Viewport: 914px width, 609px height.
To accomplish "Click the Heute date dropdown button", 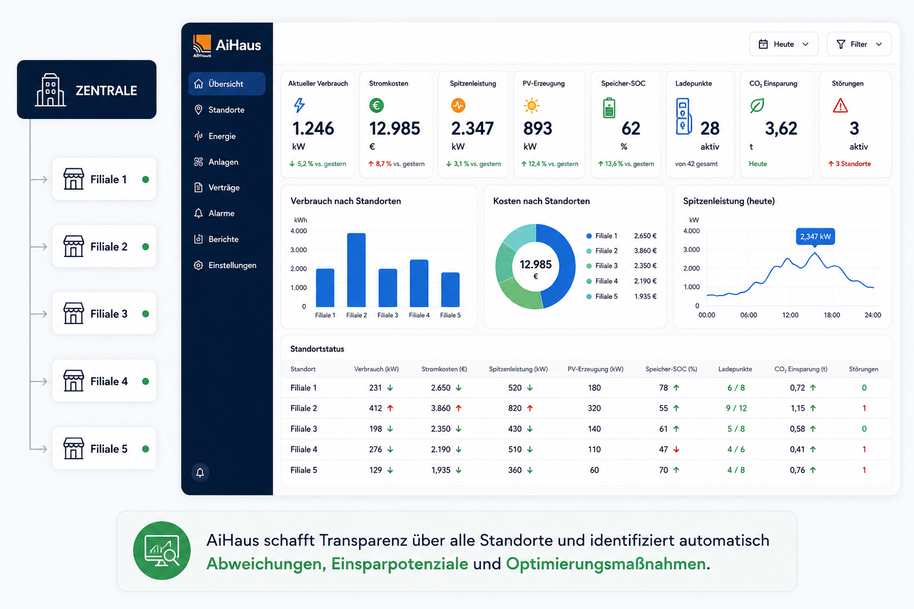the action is click(784, 44).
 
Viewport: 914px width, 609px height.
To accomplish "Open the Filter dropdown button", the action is click(859, 44).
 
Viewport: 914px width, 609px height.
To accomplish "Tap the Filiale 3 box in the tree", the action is click(105, 313).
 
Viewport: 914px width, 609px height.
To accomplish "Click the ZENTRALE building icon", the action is click(50, 90).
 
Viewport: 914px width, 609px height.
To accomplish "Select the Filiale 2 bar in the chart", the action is click(356, 270).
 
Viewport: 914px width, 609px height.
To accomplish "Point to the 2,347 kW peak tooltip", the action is click(815, 237).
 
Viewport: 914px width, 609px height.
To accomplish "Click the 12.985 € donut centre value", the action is click(536, 269).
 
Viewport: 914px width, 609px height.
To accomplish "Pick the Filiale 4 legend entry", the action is click(621, 281).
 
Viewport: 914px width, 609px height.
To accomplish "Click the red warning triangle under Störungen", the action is click(840, 106).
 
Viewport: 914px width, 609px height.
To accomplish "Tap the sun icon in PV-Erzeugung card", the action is click(531, 106).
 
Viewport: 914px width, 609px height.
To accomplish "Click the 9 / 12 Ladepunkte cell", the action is click(736, 409).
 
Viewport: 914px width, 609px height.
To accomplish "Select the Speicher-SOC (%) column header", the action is click(671, 369).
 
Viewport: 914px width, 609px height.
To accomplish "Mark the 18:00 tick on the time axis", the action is click(831, 315).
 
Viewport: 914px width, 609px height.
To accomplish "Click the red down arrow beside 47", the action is click(676, 450).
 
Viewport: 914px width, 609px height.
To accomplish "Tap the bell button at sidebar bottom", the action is click(200, 472).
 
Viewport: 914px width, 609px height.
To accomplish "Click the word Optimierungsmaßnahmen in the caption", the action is click(606, 564).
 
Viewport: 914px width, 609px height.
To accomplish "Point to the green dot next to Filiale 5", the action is click(145, 448).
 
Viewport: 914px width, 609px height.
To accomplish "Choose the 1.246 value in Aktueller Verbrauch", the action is click(313, 128).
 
